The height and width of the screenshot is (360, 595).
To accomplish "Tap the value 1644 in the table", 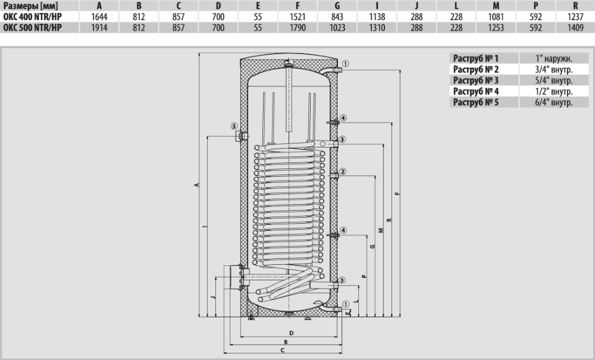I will tap(99, 17).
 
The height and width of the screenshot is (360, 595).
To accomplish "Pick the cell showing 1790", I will tap(289, 27).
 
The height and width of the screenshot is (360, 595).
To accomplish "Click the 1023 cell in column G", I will tap(337, 27).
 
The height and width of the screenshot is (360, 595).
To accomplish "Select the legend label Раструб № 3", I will tap(476, 80).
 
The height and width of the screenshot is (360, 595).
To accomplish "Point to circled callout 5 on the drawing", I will tap(234, 126).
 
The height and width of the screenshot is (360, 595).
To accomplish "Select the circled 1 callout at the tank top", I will tap(345, 64).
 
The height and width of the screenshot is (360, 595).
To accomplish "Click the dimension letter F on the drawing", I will tap(397, 193).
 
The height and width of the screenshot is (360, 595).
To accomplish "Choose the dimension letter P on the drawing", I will tap(364, 277).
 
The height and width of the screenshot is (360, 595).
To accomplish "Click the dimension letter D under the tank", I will tap(292, 332).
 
